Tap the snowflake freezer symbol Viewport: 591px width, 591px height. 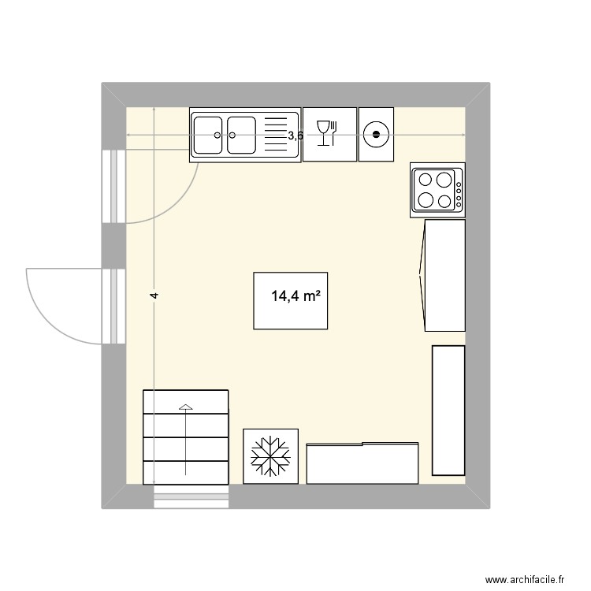[270, 455]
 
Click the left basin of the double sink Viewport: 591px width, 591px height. [209, 135]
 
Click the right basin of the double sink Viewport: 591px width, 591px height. [242, 135]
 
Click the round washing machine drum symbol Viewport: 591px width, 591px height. [376, 135]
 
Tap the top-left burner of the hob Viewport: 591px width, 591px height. [426, 177]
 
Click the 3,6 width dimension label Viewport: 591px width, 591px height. [295, 136]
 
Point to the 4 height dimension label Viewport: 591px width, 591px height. [155, 295]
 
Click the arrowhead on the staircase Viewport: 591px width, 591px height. [185, 407]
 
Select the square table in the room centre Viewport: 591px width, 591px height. [290, 300]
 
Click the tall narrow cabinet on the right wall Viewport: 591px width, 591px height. [448, 410]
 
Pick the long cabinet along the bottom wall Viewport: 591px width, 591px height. [362, 463]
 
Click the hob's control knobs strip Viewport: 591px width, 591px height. [459, 189]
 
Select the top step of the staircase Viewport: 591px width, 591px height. [185, 400]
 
